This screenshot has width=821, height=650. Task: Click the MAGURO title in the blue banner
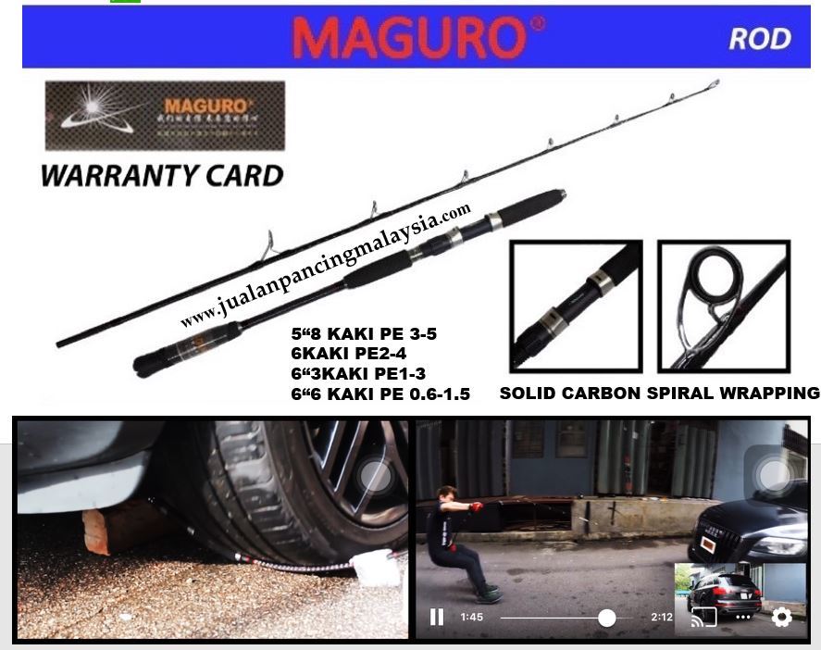[x=417, y=39]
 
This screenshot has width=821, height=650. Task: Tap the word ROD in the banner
[x=760, y=39]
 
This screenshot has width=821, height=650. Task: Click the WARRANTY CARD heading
[x=162, y=175]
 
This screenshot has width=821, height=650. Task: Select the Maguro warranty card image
[x=165, y=116]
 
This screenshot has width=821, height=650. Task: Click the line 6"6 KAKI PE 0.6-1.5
[x=380, y=394]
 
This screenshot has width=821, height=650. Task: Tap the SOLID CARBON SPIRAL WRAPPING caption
[x=659, y=394]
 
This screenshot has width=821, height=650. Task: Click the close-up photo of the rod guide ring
[x=723, y=306]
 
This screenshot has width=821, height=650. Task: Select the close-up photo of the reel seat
[x=576, y=306]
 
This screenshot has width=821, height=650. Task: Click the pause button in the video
[x=437, y=617]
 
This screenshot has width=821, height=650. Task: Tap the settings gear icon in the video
[x=781, y=617]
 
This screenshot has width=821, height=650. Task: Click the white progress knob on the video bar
[x=607, y=618]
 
